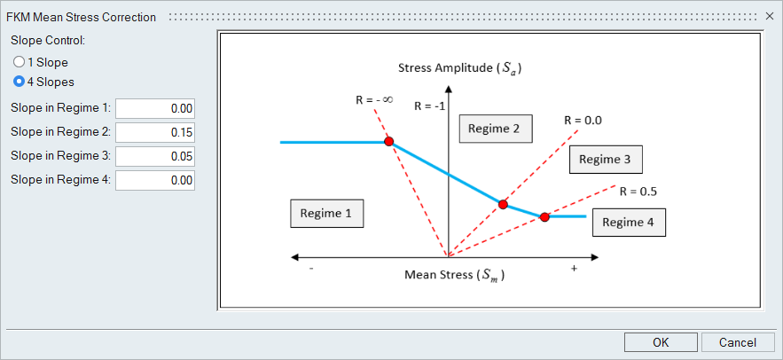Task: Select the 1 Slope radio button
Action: tap(19, 62)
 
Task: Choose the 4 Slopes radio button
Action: tap(19, 82)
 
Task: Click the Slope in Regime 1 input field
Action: tap(155, 109)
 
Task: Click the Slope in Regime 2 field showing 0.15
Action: tap(155, 133)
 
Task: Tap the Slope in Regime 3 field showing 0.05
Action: tap(155, 157)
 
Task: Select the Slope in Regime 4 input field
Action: tap(155, 181)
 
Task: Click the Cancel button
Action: tap(737, 342)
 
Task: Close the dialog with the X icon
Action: tap(770, 17)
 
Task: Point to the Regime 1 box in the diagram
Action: tap(326, 213)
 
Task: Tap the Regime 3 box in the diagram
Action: tap(606, 160)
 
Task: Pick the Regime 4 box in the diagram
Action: tap(629, 223)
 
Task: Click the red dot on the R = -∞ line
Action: tap(389, 142)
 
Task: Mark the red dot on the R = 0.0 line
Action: tap(503, 204)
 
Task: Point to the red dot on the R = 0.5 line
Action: tap(544, 217)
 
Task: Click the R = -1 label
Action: tap(429, 106)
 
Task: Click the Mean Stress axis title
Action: tap(454, 275)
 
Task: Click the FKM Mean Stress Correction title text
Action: tap(82, 18)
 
